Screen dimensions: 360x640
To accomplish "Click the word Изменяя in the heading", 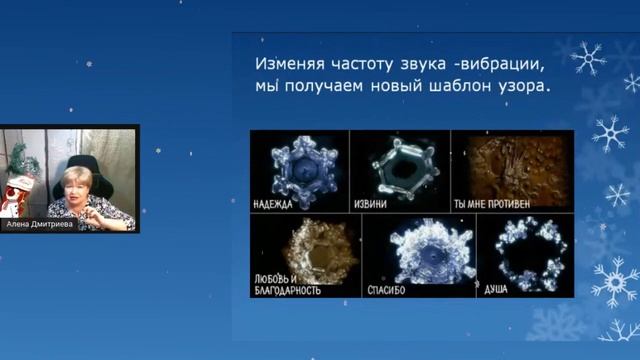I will [x=285, y=62].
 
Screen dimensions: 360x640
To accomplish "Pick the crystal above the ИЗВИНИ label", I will [x=399, y=162].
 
